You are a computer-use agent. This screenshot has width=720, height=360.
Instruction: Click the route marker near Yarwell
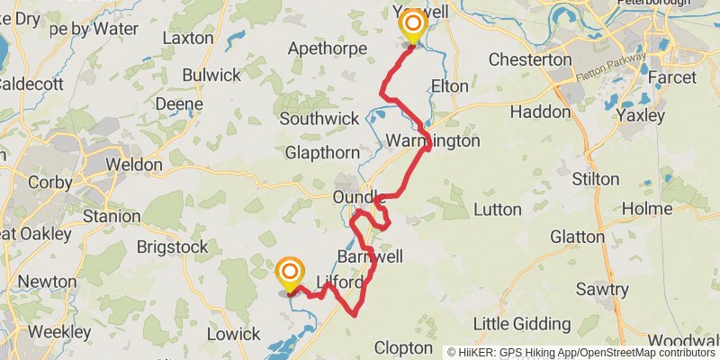coord(413,25)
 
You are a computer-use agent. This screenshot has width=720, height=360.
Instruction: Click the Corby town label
coord(50,182)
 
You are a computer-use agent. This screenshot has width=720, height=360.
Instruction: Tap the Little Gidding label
coord(522,324)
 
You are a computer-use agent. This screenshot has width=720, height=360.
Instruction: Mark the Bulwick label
coord(211,76)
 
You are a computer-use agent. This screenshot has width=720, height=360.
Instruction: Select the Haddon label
coord(540,112)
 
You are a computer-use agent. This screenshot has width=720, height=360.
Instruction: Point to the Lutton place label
coord(496,210)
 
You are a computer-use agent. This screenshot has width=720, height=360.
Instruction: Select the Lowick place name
coord(233,334)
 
